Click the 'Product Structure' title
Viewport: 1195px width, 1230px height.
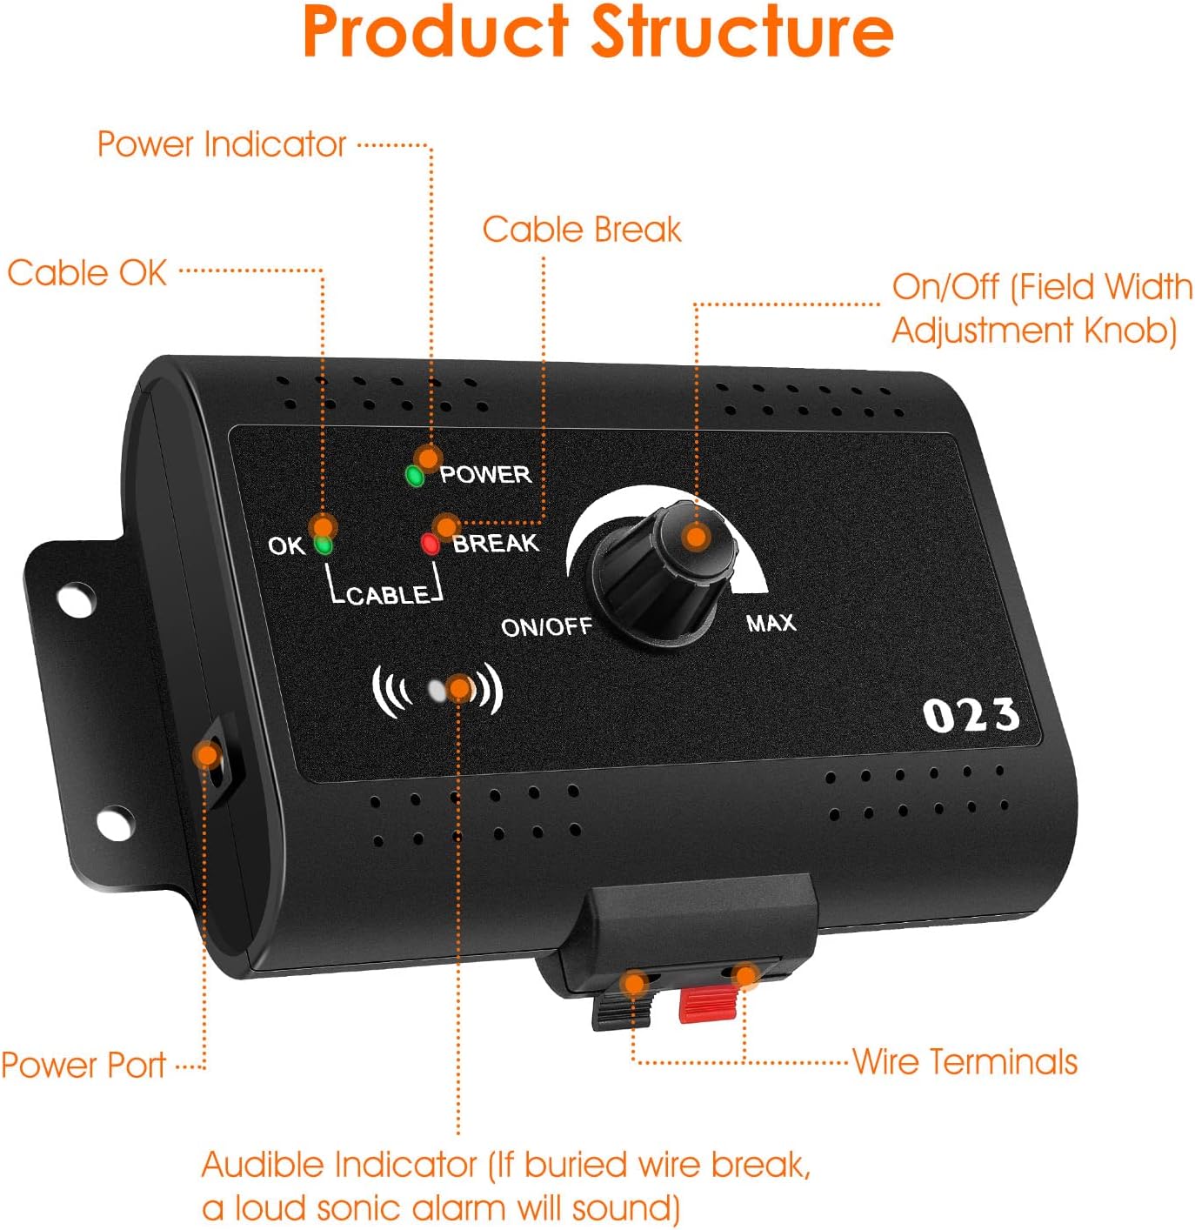(597, 33)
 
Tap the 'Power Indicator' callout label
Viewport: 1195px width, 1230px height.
(221, 144)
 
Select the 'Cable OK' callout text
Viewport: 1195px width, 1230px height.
(87, 273)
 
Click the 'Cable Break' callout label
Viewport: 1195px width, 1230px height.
(581, 230)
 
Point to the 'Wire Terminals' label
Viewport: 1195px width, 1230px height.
(965, 1062)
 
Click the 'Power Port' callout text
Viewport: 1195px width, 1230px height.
(83, 1066)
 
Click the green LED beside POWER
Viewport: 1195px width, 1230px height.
(415, 476)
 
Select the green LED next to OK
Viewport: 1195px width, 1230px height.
(323, 546)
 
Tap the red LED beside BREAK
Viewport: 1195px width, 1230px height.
(430, 545)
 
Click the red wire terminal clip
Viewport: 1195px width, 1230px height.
(708, 1003)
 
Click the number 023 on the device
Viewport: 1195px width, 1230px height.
(971, 716)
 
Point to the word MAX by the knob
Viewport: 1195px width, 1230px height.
(771, 623)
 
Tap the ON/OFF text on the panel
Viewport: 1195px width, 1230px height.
(546, 626)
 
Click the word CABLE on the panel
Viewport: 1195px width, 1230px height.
(387, 596)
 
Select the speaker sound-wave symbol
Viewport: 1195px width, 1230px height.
(437, 691)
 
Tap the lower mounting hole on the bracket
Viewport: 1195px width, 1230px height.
(115, 822)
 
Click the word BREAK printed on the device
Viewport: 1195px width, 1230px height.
(496, 544)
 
